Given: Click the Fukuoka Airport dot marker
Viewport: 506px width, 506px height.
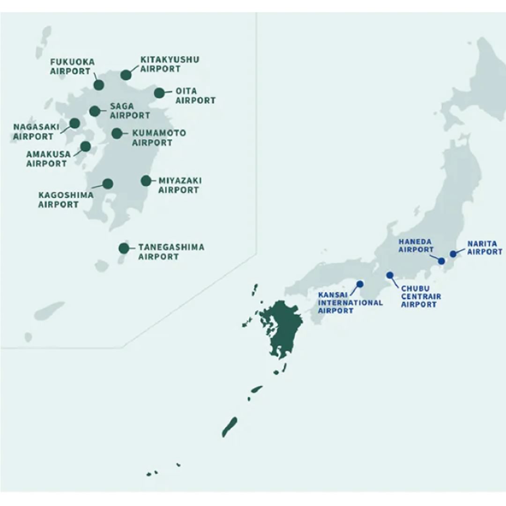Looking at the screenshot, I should pos(98,85).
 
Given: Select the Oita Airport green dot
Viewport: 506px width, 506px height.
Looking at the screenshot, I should pos(159,93).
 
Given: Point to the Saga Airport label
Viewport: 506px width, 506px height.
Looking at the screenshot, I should pos(130,111).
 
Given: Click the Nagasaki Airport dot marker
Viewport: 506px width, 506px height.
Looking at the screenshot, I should pos(74,123).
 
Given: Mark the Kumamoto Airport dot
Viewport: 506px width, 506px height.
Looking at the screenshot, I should pos(117,134).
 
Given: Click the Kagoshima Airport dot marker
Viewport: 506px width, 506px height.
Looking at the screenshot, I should pos(108,184).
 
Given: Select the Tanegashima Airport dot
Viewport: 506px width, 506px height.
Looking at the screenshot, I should pos(124,248).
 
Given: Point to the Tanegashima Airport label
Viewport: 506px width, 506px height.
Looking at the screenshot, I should pos(171,252).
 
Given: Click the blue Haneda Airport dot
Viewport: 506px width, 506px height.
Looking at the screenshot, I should pos(441,261).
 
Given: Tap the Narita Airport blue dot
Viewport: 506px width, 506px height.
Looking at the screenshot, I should pos(453,254).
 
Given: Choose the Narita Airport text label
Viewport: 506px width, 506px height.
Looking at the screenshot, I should pos(484,248).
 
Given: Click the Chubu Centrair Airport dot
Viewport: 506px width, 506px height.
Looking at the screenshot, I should pos(390,275).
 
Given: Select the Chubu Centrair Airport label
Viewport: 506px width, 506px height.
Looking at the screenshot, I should pos(421,297).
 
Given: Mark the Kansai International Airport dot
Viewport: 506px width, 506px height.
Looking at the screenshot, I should pos(360,284).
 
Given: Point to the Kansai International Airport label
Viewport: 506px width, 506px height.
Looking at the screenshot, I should pos(350,303).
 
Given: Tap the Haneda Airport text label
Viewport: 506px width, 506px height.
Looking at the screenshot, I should pos(415,246).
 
